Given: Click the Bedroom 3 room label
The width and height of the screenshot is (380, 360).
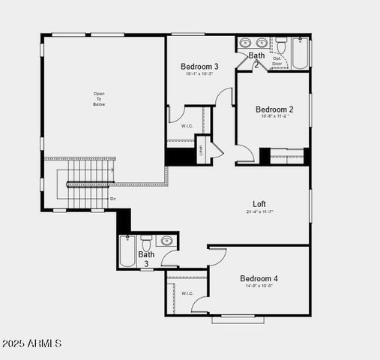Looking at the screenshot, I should pos(199,66).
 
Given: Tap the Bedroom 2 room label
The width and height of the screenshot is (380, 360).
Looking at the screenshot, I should pos(274,109).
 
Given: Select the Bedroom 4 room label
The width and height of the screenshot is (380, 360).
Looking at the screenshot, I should pos(259,278).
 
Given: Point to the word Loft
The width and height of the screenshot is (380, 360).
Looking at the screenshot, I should pos(259,203).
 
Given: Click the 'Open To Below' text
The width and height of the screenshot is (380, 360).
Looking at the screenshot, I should pos(99,99).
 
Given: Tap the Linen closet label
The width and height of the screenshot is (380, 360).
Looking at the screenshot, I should pos(202,149).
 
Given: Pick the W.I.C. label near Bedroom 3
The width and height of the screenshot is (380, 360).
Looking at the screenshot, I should pos(187,126).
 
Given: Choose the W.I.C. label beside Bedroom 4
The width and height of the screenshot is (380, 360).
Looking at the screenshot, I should pos(187,293).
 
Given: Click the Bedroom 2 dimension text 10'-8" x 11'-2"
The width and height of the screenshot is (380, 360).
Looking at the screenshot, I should pos(274,116).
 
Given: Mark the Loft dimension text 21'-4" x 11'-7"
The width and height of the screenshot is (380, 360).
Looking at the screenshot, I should pos(259,211).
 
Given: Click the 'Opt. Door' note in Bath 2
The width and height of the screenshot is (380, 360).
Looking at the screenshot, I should pos(278,61).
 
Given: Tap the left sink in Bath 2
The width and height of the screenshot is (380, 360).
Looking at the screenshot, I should pos(247,43).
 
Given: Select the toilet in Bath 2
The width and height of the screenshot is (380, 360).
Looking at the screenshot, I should pos(281,44).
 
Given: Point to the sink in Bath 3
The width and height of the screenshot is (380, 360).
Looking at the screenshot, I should pos(166,241).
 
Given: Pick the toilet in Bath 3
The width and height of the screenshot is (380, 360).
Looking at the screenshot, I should pos(147,242).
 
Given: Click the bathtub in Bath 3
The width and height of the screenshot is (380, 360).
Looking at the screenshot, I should pos(127,252).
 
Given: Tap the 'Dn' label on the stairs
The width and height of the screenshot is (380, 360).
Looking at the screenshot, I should pos(113,199).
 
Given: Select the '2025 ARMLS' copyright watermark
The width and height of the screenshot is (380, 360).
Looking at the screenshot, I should pos(31,343).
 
